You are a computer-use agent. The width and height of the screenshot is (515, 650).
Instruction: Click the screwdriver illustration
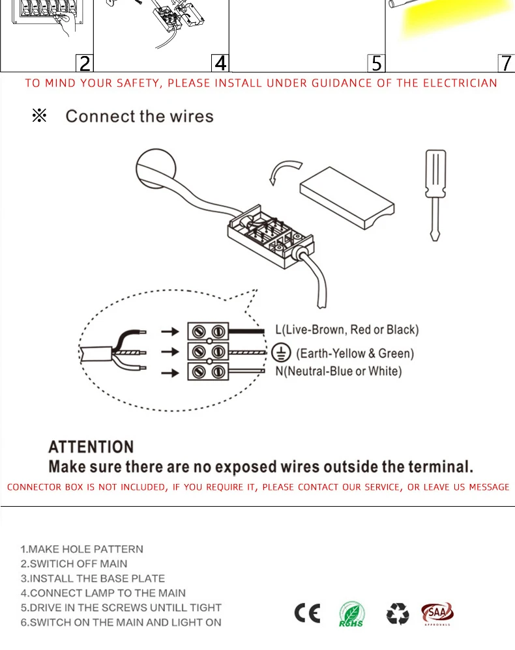435,195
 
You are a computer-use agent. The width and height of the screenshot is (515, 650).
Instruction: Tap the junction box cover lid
347,195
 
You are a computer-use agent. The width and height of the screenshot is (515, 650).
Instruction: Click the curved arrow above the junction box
284,172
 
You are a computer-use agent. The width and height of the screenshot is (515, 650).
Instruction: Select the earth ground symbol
281,352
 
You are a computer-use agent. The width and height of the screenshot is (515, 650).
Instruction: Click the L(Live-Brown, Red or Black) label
347,330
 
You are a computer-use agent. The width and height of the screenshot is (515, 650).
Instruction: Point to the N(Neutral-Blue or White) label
338,371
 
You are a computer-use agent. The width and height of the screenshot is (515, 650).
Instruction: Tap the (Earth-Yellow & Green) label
355,353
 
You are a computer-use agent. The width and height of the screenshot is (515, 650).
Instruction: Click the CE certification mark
308,614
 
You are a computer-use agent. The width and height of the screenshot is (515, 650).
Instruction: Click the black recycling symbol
398,614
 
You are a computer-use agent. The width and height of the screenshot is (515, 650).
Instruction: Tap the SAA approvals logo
437,614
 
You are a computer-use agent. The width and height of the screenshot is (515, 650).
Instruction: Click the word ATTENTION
91,447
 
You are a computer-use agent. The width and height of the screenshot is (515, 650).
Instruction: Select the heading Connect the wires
140,117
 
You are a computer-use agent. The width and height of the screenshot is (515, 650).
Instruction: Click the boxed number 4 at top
220,63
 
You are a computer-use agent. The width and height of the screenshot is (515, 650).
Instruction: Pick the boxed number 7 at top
507,63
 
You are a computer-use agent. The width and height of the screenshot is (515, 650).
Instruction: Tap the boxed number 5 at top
376,63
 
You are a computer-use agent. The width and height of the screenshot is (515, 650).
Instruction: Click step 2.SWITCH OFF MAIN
74,563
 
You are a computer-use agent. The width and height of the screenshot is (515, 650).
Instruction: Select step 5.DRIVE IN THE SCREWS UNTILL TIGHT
121,608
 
